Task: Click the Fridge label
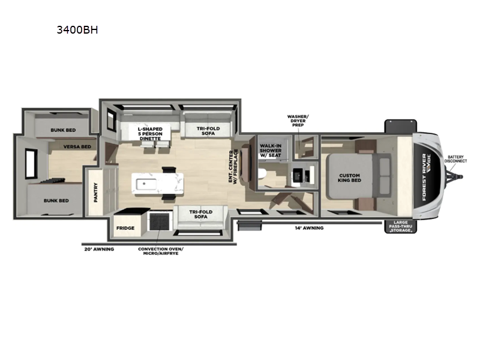tap(125, 229)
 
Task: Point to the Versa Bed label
tap(78, 146)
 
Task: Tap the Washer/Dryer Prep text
tap(298, 120)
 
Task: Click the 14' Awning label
tap(310, 228)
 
